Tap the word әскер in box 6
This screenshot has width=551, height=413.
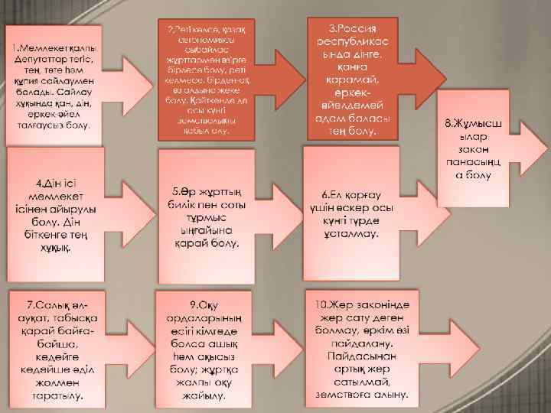(x=358, y=208)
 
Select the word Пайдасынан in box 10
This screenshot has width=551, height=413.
(x=360, y=356)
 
